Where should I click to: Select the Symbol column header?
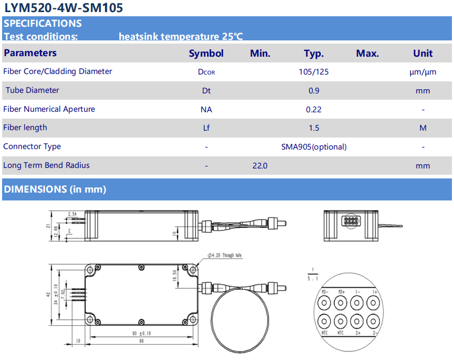pos(206,53)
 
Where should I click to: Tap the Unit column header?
pos(423,53)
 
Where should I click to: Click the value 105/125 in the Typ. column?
pos(313,72)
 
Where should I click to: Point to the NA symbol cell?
pos(206,109)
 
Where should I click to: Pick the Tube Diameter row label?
pos(33,90)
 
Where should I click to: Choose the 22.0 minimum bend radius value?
pos(260,166)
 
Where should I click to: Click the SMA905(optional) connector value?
pos(314,147)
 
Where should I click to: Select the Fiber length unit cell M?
pos(423,128)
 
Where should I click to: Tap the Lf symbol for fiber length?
pos(206,128)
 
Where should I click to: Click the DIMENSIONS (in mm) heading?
pos(55,189)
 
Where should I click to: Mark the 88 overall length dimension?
pos(141,341)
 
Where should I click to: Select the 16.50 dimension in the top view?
pos(174,274)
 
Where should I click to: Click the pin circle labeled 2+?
pos(357,321)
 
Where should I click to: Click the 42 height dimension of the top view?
pos(48,295)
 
